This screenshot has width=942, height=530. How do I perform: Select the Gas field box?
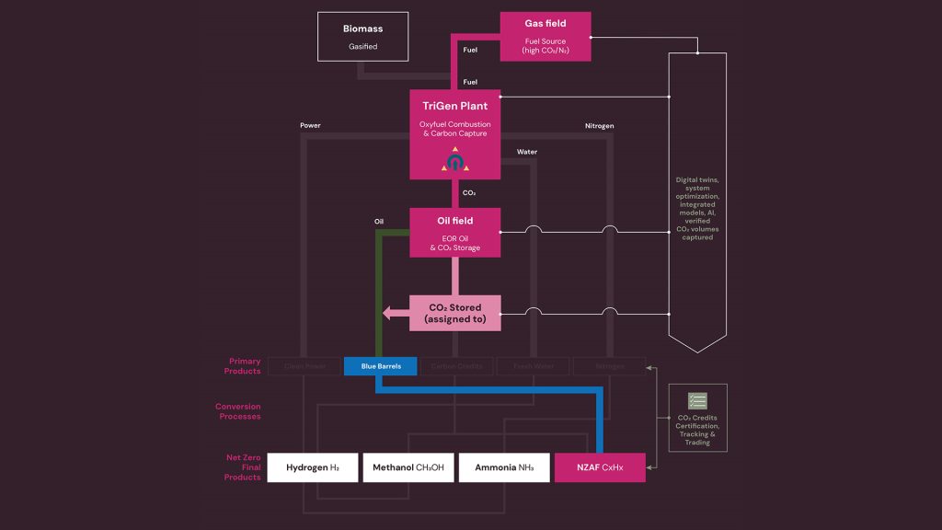coord(545,36)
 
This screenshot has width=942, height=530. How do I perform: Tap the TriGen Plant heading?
coord(454,106)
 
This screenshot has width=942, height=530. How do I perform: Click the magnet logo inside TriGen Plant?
coord(454,161)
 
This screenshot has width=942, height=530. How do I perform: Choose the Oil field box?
coord(454,232)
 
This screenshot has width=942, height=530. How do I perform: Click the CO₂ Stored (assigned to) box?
coord(454,313)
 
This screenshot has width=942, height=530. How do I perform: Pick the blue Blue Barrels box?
coord(380,366)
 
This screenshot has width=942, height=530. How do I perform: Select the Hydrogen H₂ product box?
coord(312,467)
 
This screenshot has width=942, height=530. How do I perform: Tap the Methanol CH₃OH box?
coord(408,467)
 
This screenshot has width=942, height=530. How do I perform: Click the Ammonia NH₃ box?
coord(503,467)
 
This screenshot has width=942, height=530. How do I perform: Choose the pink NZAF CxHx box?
coord(600,467)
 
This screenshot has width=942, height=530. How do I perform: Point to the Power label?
coord(310,125)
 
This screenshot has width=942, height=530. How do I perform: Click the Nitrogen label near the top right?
coord(599,125)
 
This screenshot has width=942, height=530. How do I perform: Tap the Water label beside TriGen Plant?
coord(527,152)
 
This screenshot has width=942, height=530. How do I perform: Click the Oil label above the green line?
coord(378,221)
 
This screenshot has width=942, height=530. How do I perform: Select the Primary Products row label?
coord(243,366)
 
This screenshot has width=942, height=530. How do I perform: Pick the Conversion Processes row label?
coord(238,411)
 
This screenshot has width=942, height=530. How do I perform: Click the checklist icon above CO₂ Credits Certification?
coord(697,401)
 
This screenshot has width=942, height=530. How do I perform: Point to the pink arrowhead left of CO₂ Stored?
coord(389,313)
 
